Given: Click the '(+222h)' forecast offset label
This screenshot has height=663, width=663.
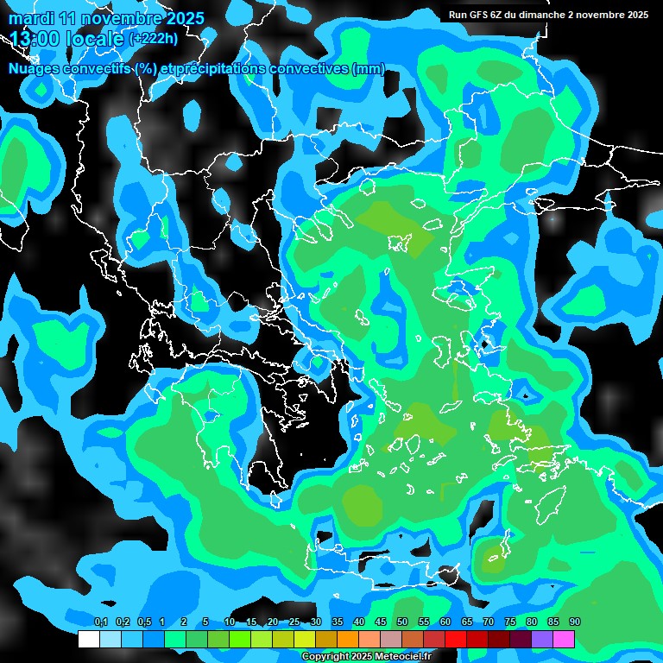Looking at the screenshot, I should tap(154, 39).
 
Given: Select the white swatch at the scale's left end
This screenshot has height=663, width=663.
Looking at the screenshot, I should tap(89, 640).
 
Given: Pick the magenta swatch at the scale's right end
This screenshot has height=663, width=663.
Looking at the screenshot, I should tap(564, 640).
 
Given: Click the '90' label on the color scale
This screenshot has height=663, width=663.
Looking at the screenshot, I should tap(575, 622).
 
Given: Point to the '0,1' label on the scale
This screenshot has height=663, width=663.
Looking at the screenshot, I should tap(100, 622).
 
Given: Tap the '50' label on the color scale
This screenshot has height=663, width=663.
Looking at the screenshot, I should tap(402, 622).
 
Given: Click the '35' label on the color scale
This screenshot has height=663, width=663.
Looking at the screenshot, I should tap(338, 622).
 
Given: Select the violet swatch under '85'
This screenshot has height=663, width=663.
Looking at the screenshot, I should tap(542, 640).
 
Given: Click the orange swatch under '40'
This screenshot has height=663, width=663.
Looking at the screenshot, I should tap(348, 640).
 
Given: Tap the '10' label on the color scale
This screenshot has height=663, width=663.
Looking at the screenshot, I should tap(230, 622).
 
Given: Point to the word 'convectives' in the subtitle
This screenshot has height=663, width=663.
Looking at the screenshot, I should tap(309, 69).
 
